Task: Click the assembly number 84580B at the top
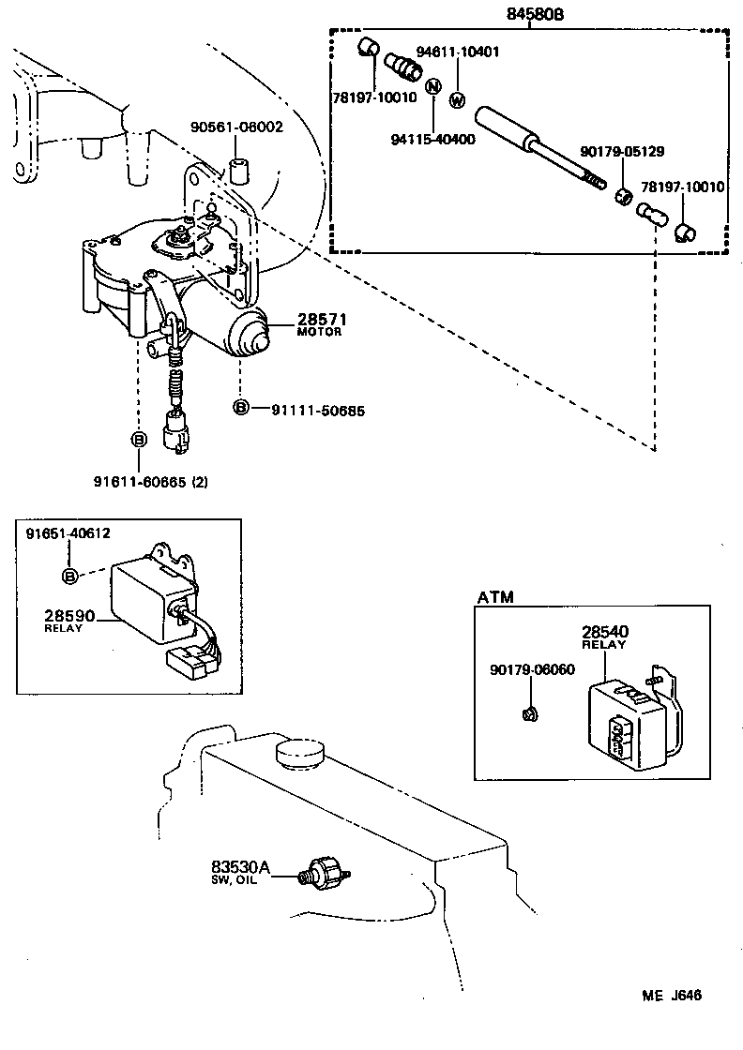point(530,14)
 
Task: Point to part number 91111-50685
point(318,410)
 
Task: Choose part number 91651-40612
point(68,533)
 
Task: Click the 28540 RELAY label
point(604,637)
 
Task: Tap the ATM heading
point(495,597)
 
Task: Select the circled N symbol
point(432,87)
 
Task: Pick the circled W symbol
point(458,100)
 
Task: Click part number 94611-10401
point(458,52)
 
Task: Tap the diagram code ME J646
point(673,996)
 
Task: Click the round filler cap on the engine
point(299,752)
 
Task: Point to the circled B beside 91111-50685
point(241,409)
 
